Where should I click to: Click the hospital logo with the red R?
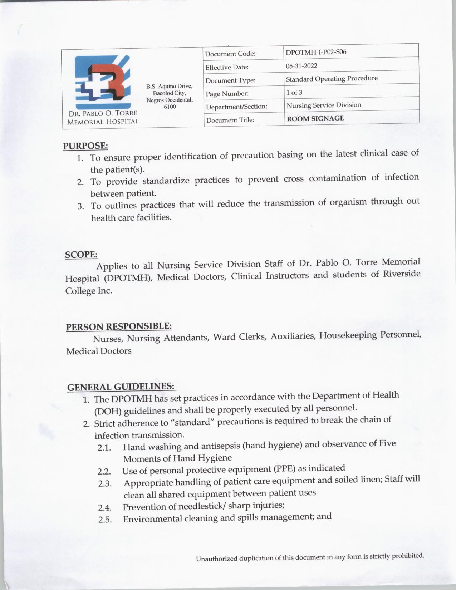click(x=102, y=82)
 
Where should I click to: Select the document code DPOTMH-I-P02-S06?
click(x=316, y=52)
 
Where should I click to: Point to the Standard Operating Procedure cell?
click(x=332, y=79)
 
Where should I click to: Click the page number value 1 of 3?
click(x=294, y=92)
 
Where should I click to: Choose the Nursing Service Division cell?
click(x=324, y=105)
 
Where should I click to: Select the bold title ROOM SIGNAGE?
click(x=315, y=118)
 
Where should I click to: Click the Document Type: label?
click(x=230, y=80)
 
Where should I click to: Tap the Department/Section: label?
click(x=236, y=107)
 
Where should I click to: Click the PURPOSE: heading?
click(x=85, y=146)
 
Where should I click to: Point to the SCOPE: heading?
click(x=81, y=255)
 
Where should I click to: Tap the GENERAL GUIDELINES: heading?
click(x=121, y=387)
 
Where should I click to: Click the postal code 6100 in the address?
click(x=170, y=107)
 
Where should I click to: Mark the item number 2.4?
click(x=104, y=507)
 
